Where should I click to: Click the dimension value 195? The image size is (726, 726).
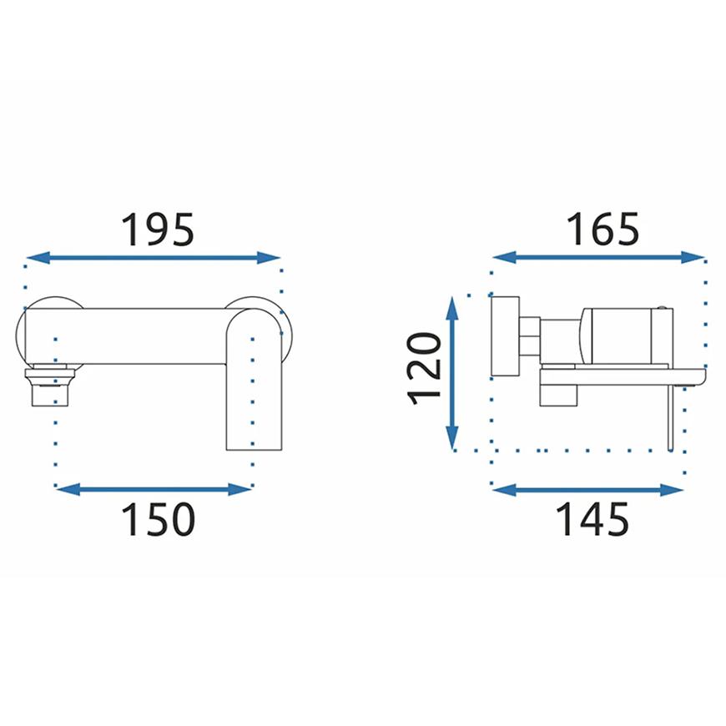157,229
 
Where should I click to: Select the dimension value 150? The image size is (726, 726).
158,520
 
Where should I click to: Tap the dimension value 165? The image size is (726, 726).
602,229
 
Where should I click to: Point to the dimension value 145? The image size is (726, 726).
592,519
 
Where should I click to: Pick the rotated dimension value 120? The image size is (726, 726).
423,369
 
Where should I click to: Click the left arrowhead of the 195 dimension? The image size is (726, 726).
38,258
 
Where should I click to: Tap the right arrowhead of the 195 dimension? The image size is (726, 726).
269,258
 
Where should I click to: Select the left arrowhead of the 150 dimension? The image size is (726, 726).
68,489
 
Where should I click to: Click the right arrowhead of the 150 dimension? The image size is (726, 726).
239,489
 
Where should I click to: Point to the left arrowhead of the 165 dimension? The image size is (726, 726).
504,257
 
